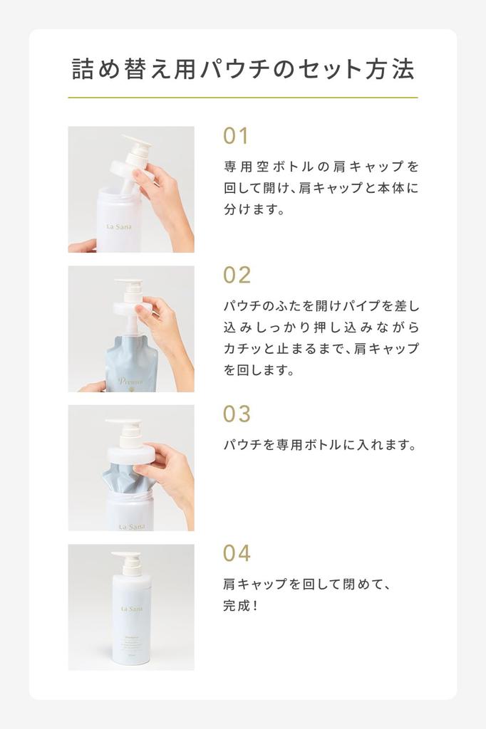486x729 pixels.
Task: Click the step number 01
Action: (236, 136)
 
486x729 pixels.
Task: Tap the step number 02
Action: (237, 276)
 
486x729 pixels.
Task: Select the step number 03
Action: (237, 414)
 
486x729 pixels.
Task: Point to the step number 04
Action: (237, 552)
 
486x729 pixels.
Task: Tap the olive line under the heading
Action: (243, 98)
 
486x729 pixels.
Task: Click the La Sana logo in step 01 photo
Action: (119, 227)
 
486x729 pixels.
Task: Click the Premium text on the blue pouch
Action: (130, 382)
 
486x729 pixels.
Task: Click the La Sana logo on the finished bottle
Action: (132, 609)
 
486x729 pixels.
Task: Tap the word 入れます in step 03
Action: (386, 445)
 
